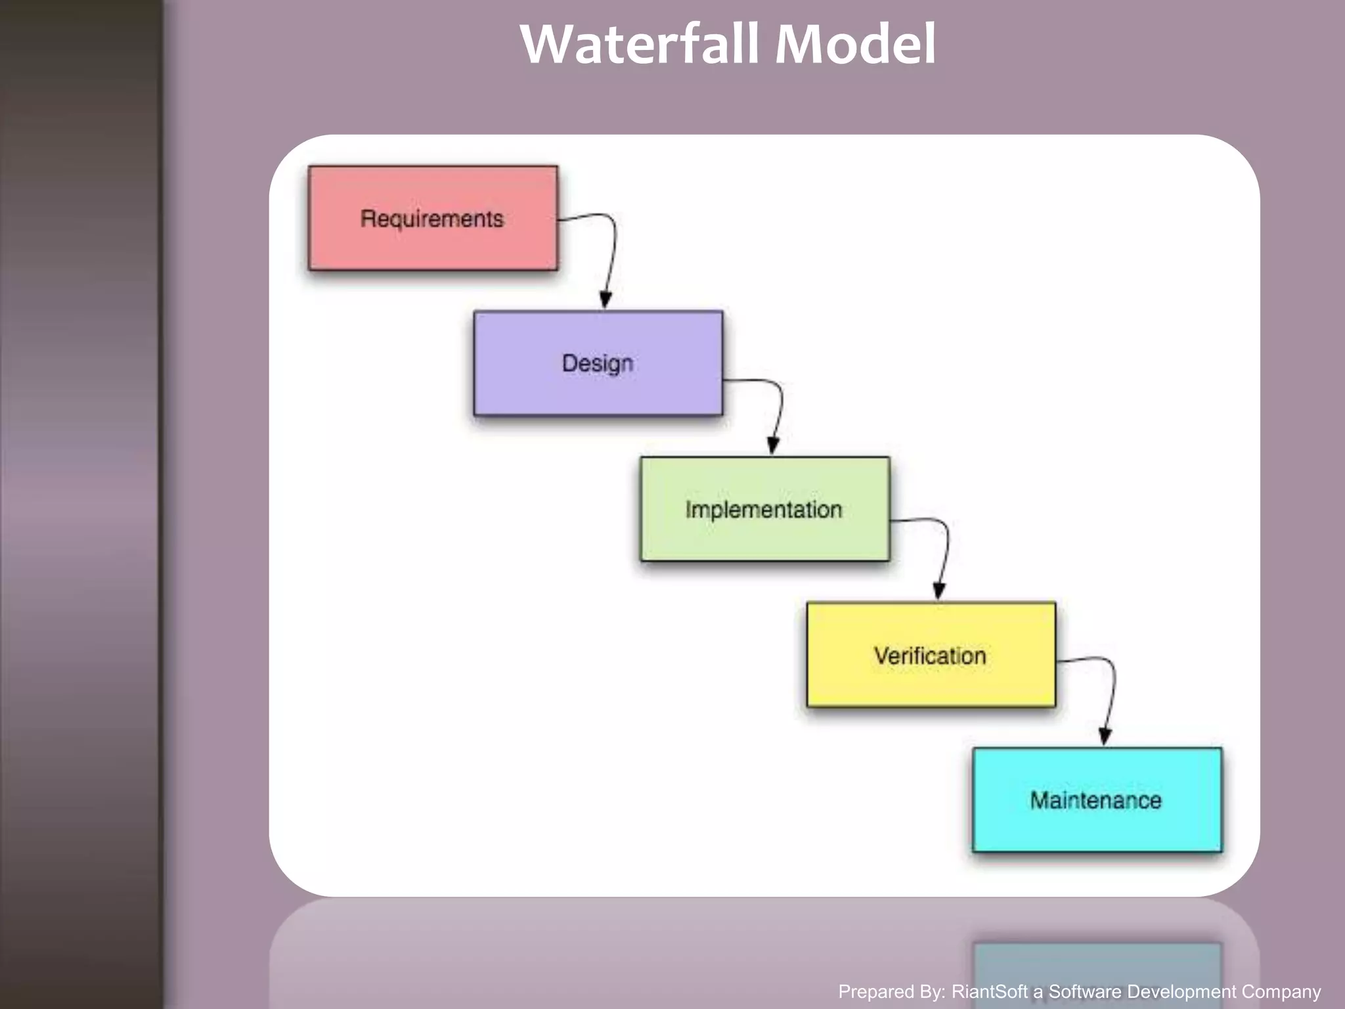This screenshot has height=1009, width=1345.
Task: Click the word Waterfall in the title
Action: tap(640, 45)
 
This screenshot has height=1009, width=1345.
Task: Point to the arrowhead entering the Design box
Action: tap(606, 301)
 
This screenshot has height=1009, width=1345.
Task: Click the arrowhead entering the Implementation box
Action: tap(773, 446)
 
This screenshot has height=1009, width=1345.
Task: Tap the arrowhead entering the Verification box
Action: tap(939, 591)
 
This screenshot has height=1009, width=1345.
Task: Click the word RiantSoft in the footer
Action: tap(990, 991)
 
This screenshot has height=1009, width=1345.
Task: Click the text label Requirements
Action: tap(431, 219)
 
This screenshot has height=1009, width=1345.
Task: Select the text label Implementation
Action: tap(763, 510)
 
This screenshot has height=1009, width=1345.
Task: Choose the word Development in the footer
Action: tap(1181, 991)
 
